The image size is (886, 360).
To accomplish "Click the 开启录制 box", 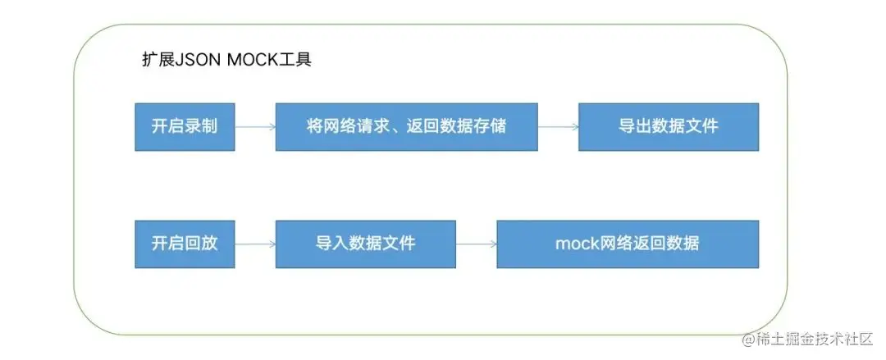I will coord(185,127).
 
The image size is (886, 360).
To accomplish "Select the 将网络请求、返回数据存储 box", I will coord(406,127).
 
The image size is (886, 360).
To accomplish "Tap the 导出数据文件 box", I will coord(668,127).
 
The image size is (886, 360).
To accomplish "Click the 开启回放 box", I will coord(185,244).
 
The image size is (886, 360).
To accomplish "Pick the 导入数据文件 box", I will coord(365,244).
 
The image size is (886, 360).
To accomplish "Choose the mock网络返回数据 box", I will coord(628,244).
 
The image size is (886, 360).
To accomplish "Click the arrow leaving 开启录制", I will coord(254,127).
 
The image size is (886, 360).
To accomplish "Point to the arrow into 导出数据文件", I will coord(558,127).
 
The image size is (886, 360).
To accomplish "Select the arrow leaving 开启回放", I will coord(254,244).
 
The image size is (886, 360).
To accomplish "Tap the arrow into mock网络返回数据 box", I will coord(476,244).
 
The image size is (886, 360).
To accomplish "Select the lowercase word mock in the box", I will coord(573,244).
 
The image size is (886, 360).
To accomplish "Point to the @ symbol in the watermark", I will coord(747,339).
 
